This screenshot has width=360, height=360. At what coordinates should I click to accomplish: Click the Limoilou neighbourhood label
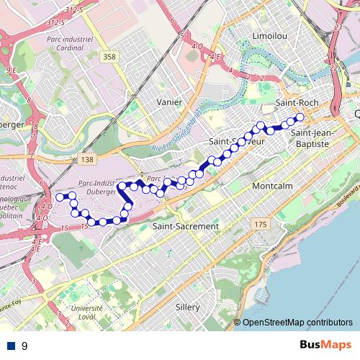click(271, 35)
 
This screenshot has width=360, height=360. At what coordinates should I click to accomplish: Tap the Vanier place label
click(169, 102)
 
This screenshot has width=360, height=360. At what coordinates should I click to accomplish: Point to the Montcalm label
click(271, 186)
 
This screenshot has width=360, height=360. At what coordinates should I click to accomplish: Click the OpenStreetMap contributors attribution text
click(297, 323)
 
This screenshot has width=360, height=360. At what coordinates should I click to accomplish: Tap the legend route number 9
click(24, 346)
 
